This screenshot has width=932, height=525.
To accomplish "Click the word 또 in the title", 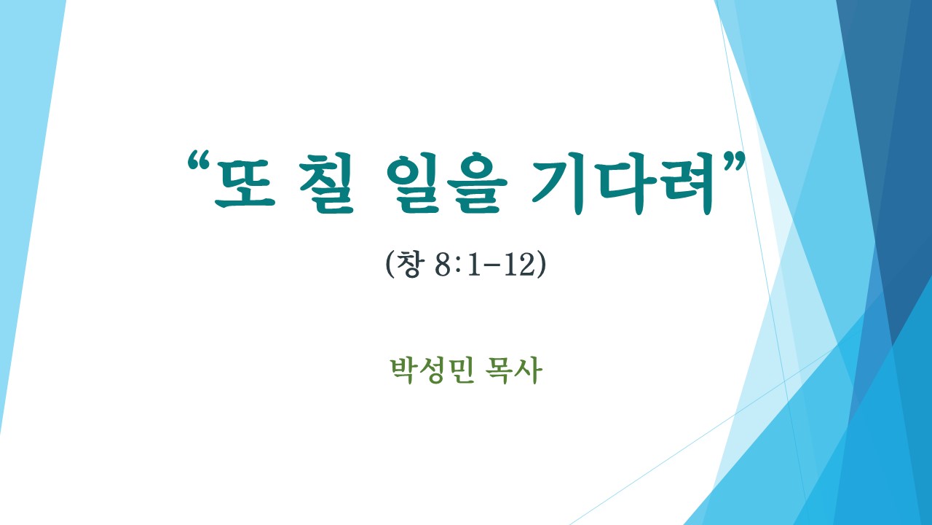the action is pyautogui.click(x=245, y=183).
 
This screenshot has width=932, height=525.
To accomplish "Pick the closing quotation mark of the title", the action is pyautogui.click(x=732, y=161).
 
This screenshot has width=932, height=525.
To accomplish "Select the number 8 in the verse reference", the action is pyautogui.click(x=443, y=265).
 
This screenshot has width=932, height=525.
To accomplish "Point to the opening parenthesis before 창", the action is pyautogui.click(x=390, y=264).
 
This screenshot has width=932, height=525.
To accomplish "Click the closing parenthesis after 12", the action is pyautogui.click(x=541, y=264).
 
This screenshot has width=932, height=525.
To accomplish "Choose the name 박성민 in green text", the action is pyautogui.click(x=433, y=370).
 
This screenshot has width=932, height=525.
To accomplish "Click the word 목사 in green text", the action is pyautogui.click(x=514, y=370).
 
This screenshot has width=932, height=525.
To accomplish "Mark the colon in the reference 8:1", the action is pyautogui.click(x=458, y=267).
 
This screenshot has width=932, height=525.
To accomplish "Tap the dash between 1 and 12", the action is pyautogui.click(x=492, y=266).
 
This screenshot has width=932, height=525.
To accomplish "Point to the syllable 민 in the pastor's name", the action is pyautogui.click(x=462, y=370).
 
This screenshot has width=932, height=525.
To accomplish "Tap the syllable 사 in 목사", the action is pyautogui.click(x=529, y=370).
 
